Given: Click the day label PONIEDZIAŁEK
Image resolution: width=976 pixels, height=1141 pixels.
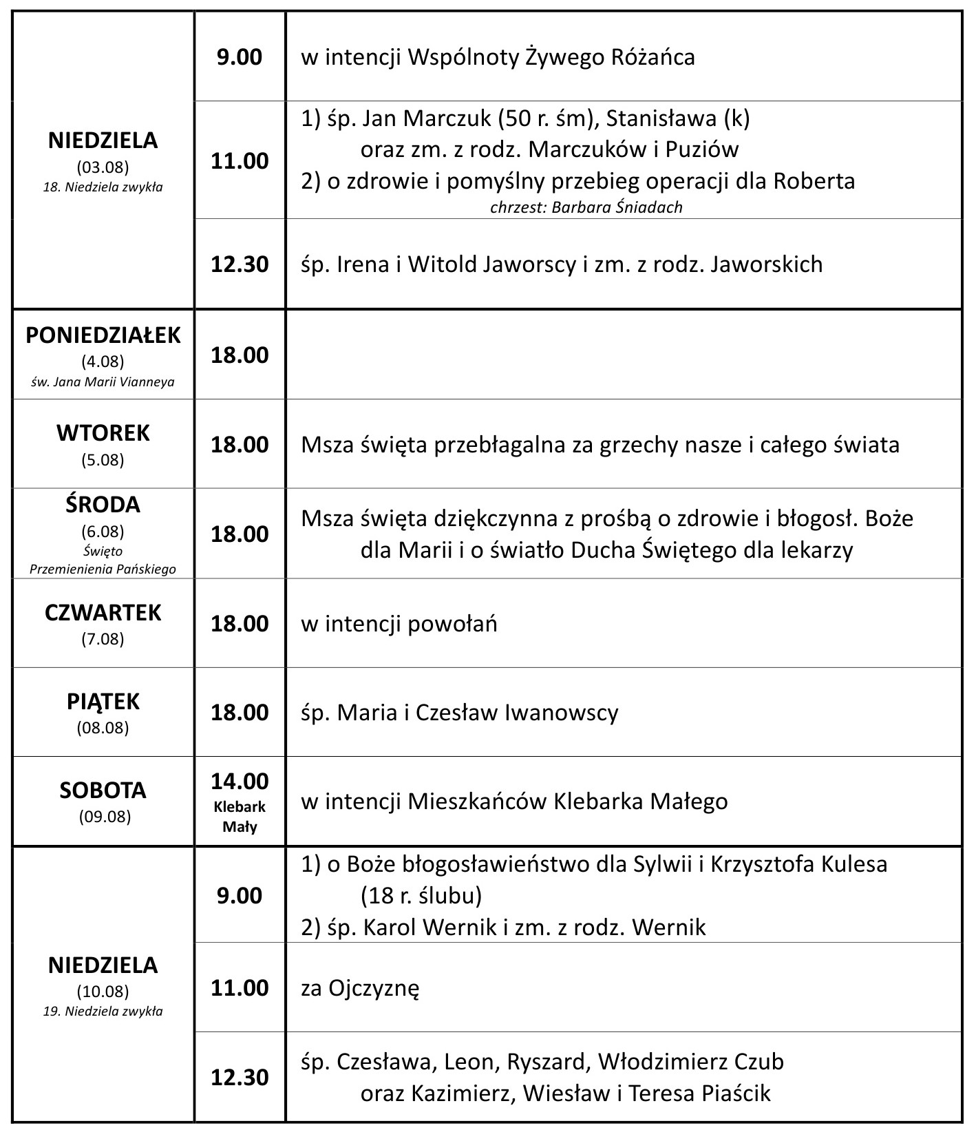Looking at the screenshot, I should (x=103, y=335).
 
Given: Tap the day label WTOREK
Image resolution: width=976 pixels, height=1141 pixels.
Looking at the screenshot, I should (x=103, y=433).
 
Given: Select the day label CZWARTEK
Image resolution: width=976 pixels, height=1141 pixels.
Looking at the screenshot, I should (x=103, y=612).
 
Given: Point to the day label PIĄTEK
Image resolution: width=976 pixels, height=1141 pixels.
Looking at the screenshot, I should (x=103, y=701).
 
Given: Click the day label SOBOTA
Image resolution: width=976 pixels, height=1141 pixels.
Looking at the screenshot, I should (x=103, y=790).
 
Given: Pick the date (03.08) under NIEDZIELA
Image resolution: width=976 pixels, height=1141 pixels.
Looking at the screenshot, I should (x=103, y=167).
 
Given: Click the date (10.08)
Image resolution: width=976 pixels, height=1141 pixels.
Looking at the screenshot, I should (x=103, y=992).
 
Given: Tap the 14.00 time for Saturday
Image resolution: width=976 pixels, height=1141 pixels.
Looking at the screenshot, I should (x=240, y=781).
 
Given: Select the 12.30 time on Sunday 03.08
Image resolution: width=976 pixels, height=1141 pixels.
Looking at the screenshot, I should (x=240, y=264).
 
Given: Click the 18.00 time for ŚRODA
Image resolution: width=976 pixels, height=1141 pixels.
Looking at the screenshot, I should (x=240, y=534).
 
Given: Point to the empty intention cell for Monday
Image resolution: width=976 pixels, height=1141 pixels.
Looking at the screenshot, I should (x=623, y=355).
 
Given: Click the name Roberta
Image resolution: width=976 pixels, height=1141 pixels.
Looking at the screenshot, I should (x=814, y=181).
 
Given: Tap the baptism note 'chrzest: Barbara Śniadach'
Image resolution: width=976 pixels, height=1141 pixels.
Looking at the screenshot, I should (x=586, y=207).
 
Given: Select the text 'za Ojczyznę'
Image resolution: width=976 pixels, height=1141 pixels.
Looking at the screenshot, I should (x=360, y=988).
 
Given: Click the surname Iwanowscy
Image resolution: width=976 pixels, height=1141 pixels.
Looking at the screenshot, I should (x=562, y=712).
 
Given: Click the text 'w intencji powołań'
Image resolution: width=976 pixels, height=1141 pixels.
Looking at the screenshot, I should (x=399, y=623).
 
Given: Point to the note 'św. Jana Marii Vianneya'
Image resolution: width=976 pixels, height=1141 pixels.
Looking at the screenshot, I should (x=103, y=381).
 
